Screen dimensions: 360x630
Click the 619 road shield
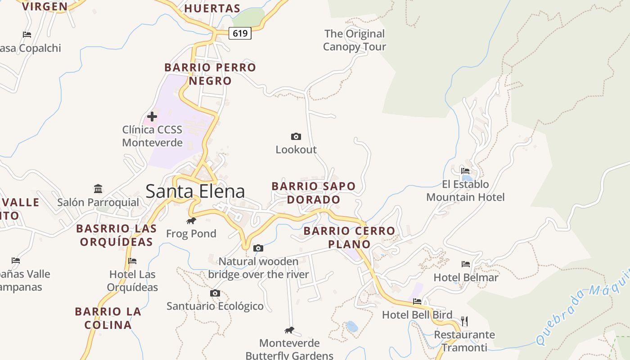240,33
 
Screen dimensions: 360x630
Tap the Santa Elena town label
195,191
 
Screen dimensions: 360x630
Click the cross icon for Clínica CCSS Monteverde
152,117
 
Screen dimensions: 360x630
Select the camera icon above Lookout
296,136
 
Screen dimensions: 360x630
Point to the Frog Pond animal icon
191,220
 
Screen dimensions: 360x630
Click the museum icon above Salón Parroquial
98,189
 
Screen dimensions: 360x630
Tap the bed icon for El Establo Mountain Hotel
465,171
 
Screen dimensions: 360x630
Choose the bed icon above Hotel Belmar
466,264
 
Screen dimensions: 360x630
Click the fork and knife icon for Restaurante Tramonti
464,321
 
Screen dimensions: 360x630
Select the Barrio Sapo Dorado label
314,193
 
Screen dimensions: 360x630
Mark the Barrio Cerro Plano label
349,238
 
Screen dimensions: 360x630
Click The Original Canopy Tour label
355,40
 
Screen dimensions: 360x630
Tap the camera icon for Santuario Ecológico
215,293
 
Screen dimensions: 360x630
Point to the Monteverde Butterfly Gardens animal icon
289,330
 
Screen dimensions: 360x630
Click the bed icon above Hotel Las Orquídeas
132,261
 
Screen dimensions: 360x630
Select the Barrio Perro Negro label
210,74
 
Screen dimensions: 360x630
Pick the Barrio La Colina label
108,318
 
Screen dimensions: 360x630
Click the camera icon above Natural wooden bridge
258,248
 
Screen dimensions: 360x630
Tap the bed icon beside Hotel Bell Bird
417,301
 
